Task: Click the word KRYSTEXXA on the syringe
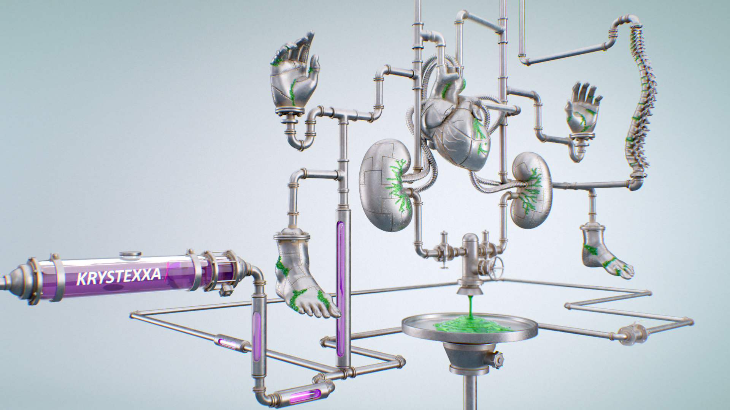(x=119, y=276)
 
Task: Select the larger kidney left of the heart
(x=386, y=185)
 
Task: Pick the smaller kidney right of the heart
(x=532, y=190)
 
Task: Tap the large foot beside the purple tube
(x=302, y=275)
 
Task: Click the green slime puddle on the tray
(x=471, y=325)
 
